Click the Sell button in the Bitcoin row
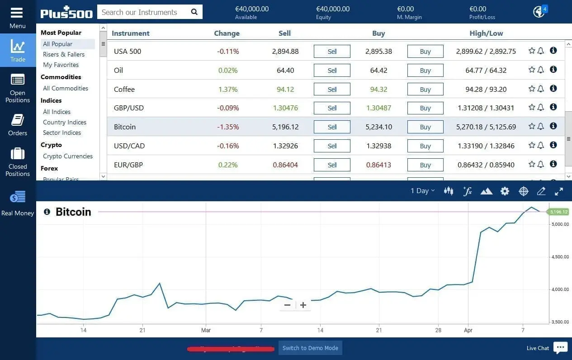pyautogui.click(x=332, y=127)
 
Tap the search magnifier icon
pyautogui.click(x=194, y=12)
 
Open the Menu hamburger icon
pyautogui.click(x=17, y=12)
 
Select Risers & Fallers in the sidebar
pyautogui.click(x=64, y=54)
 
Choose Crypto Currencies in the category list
pyautogui.click(x=68, y=156)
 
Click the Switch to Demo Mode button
pyautogui.click(x=310, y=348)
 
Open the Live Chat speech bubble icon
pyautogui.click(x=560, y=347)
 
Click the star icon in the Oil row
pyautogui.click(x=532, y=70)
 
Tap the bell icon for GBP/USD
pyautogui.click(x=541, y=108)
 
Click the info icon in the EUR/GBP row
pyautogui.click(x=553, y=164)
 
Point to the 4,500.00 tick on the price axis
pyautogui.click(x=559, y=257)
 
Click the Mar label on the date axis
pyautogui.click(x=206, y=331)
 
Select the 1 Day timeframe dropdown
pyautogui.click(x=422, y=191)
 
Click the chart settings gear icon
pyautogui.click(x=505, y=191)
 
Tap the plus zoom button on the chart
pyautogui.click(x=303, y=305)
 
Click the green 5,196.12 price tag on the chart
pyautogui.click(x=558, y=212)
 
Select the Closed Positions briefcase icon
pyautogui.click(x=18, y=154)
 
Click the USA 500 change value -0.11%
pyautogui.click(x=228, y=52)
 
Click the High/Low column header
pyautogui.click(x=486, y=33)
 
